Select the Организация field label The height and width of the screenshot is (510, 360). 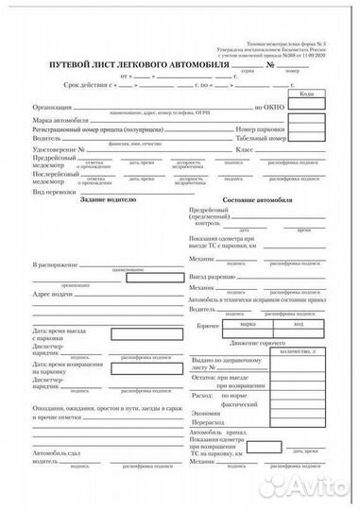pos(53,107)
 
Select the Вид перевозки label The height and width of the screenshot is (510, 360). pos(53,192)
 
